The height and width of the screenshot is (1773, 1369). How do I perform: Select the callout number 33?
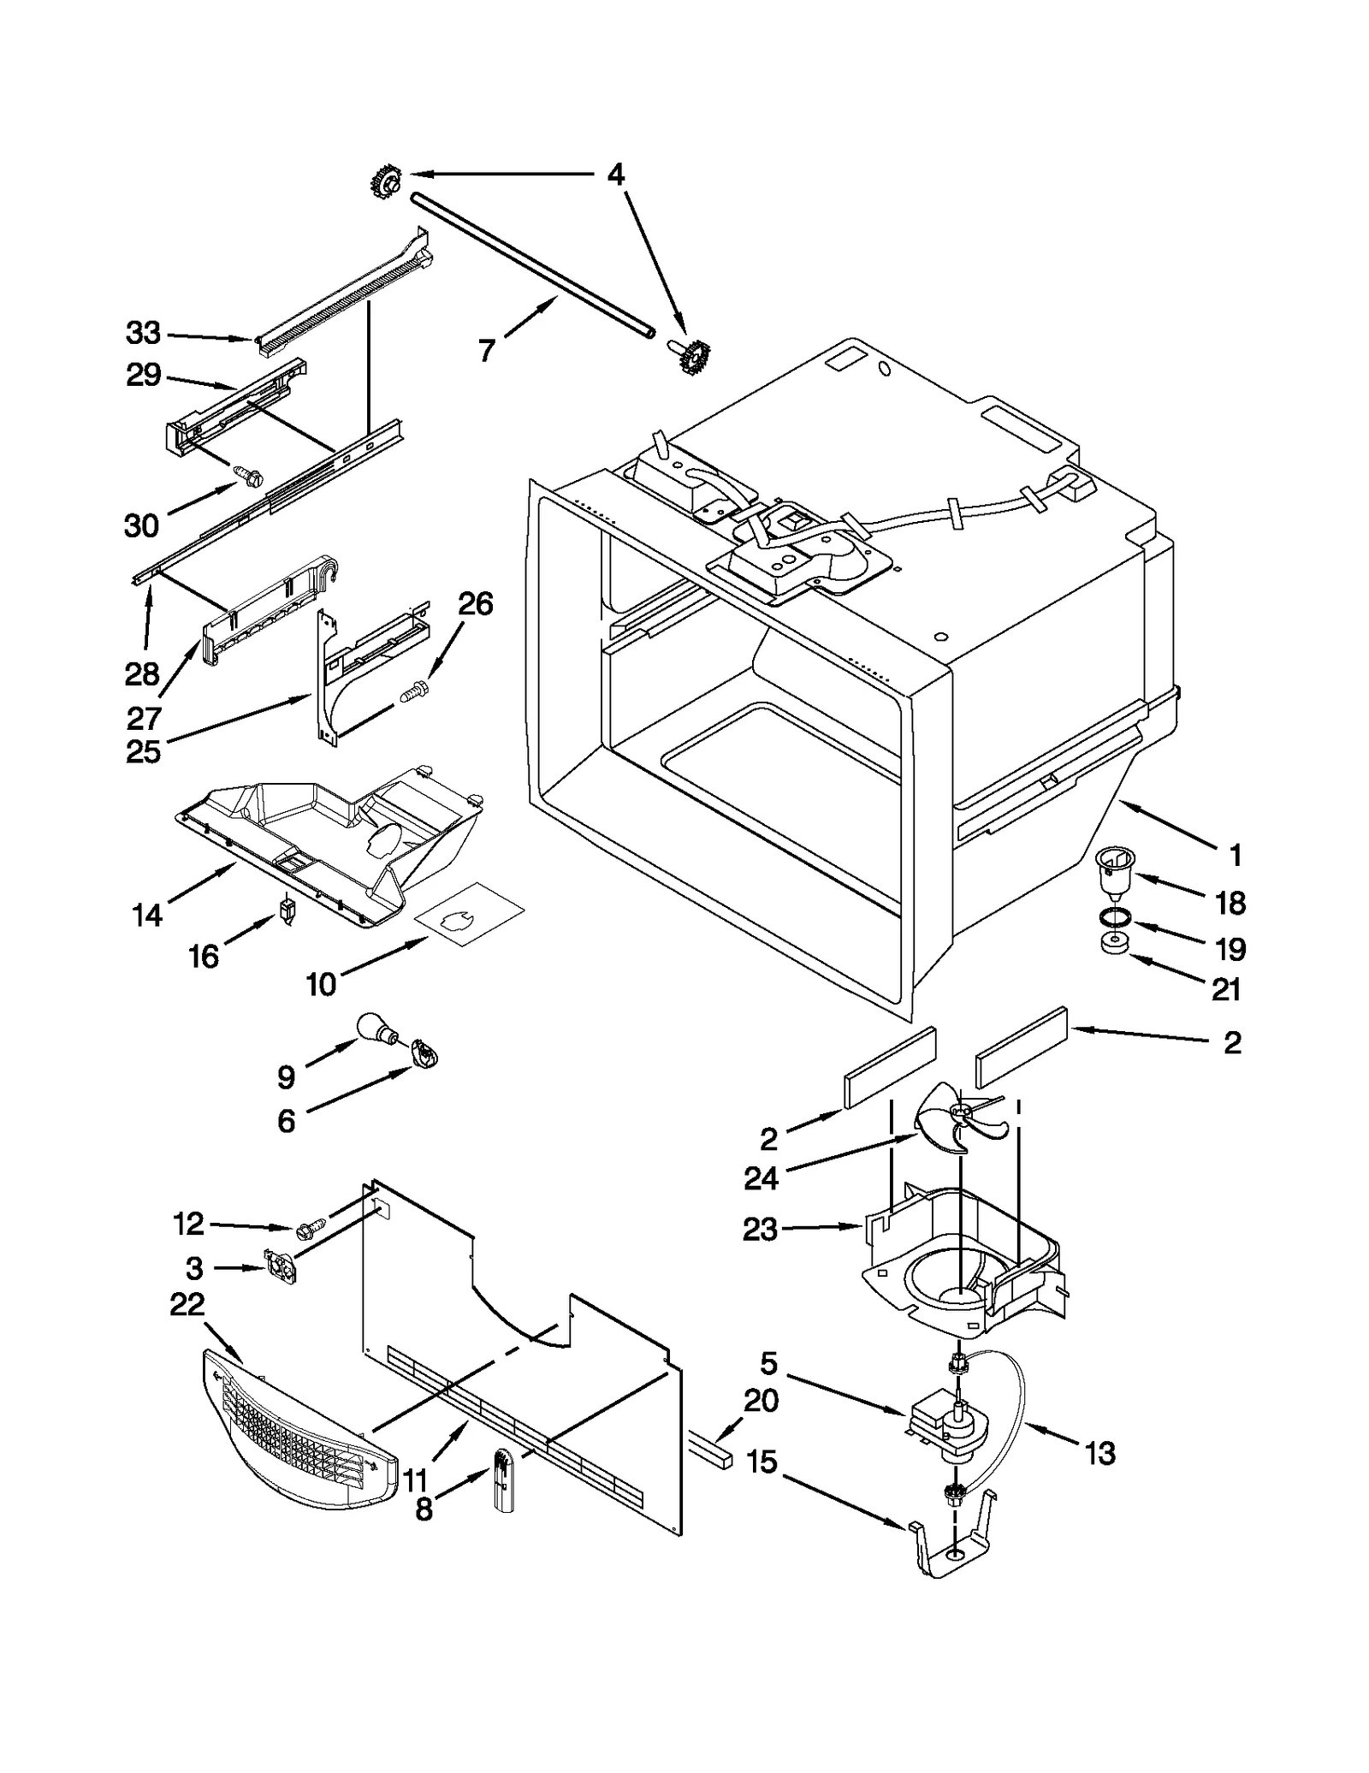point(143,333)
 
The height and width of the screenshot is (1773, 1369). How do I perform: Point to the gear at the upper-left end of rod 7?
point(387,182)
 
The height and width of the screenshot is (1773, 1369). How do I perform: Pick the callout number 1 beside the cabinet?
point(1235,854)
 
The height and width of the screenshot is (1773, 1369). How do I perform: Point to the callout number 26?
point(476,604)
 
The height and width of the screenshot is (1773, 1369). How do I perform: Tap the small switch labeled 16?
point(287,910)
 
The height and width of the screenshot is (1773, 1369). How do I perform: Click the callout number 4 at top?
point(615,175)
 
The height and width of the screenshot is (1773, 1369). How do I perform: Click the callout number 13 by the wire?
point(1100,1453)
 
